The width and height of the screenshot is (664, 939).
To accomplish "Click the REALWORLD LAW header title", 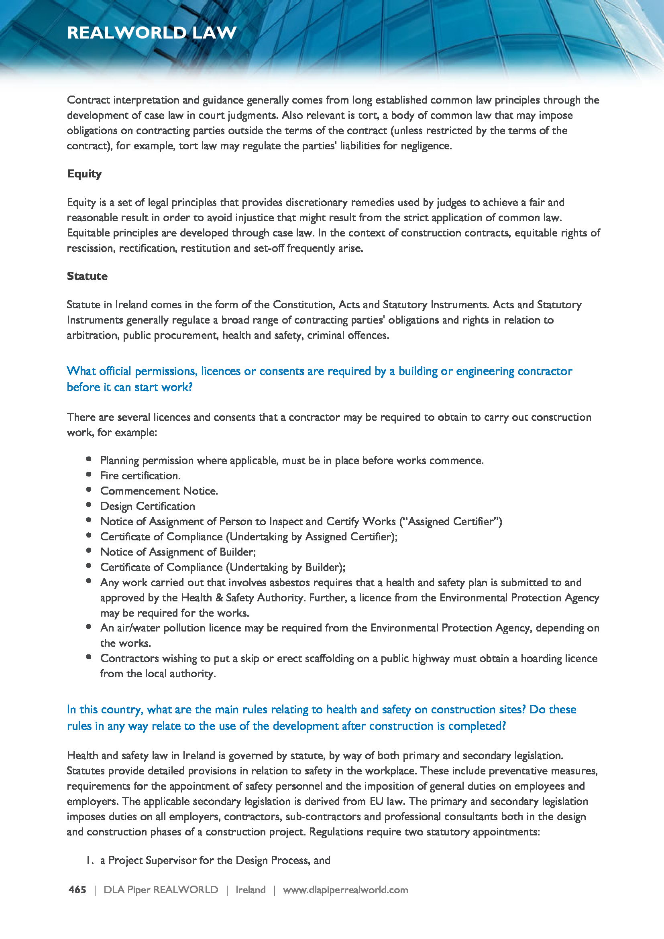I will click(x=152, y=33).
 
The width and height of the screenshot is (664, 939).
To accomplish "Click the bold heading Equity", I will click(x=84, y=174).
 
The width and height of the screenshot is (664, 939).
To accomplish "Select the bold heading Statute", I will click(x=87, y=276).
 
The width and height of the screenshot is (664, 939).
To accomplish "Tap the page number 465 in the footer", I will click(x=77, y=890).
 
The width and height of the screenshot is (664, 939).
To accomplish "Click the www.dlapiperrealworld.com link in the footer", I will click(x=346, y=890).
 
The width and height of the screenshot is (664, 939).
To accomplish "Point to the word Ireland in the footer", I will click(x=250, y=890).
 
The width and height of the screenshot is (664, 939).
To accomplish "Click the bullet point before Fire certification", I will click(x=89, y=475).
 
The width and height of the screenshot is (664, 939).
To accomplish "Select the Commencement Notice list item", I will click(x=159, y=491).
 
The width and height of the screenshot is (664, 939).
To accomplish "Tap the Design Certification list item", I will click(x=148, y=506).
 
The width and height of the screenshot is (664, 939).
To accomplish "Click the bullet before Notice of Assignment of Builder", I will click(x=89, y=550).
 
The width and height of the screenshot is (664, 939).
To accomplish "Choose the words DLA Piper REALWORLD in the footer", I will click(x=161, y=890).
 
